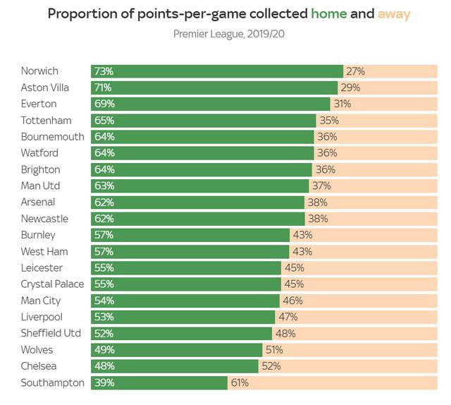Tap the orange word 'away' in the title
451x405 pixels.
pyautogui.click(x=395, y=13)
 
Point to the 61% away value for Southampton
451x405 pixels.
pyautogui.click(x=240, y=382)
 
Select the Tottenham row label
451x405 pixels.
pyautogui.click(x=46, y=120)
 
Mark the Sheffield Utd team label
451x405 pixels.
pyautogui.click(x=51, y=333)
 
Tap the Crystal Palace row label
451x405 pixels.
pyautogui.click(x=52, y=284)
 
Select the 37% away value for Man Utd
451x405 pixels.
pyautogui.click(x=321, y=186)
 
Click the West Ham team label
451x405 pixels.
pyautogui.click(x=44, y=251)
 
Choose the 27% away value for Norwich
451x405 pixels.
pyautogui.click(x=355, y=71)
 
